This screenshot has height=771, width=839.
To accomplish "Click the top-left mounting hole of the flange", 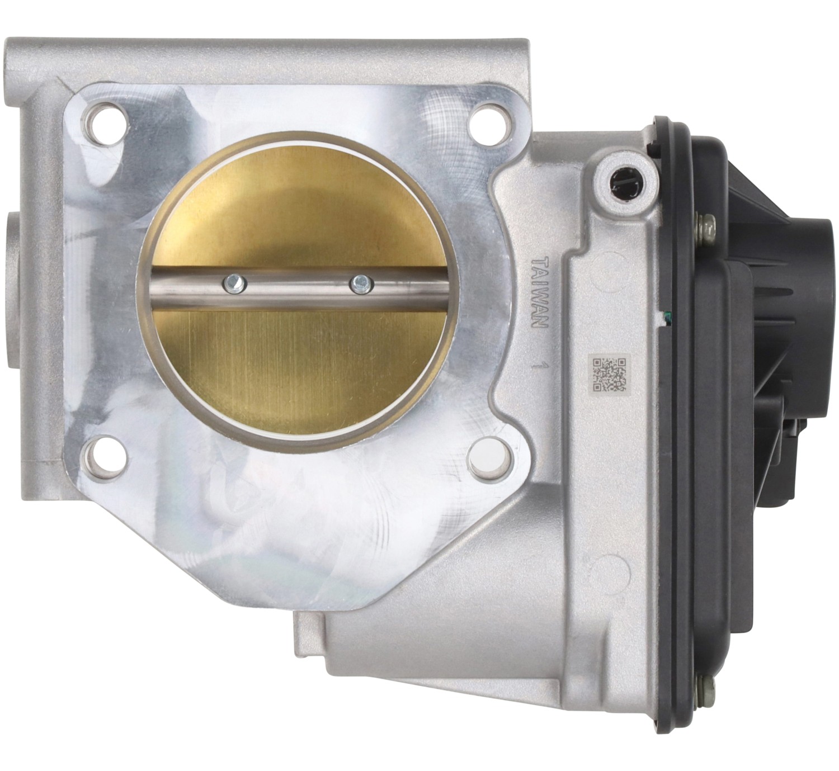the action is pyautogui.click(x=106, y=124).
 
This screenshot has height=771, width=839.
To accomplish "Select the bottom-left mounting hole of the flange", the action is pyautogui.click(x=106, y=457).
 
